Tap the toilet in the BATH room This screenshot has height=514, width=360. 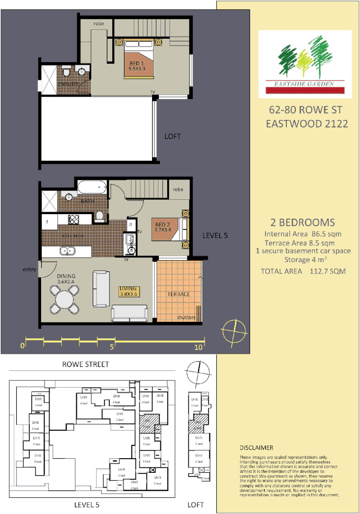100,216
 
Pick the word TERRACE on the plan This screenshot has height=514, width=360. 179,294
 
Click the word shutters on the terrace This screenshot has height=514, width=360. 186,318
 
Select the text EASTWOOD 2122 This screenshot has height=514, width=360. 307,123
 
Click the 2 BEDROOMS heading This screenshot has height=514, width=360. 303,222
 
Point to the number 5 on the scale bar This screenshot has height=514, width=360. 112,347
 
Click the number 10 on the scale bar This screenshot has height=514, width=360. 198,347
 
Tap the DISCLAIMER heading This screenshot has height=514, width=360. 257,448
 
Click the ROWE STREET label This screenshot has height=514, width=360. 85,364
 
